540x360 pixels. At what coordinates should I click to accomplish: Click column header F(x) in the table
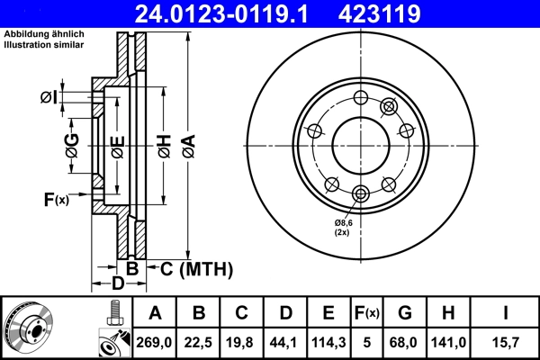(x=368, y=313)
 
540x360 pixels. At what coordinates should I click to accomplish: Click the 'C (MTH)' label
(x=190, y=268)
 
